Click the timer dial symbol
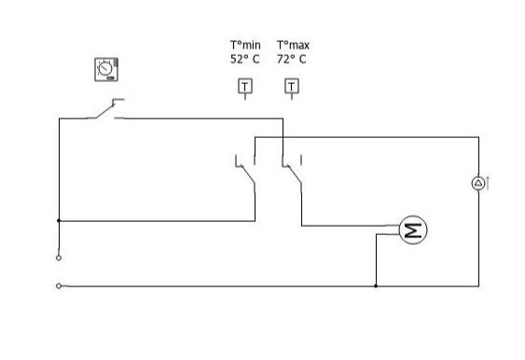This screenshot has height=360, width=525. pos(106,69)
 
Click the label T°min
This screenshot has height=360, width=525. pos(244,45)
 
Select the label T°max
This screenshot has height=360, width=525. pos(292,45)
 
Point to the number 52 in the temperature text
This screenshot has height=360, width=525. pos(237,59)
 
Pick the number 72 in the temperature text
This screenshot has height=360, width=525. pos(283,59)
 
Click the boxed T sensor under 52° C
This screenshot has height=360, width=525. pos(244,87)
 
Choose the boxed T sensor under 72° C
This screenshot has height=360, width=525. pos(292,87)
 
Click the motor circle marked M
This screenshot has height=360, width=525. pos(412,229)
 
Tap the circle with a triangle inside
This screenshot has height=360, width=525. pos(477,184)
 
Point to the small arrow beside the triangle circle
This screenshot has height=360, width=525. pos(488,183)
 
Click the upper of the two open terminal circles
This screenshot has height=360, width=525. pos(59,256)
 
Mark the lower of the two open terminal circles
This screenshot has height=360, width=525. pos(59,285)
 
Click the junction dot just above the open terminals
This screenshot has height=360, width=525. pos(59,221)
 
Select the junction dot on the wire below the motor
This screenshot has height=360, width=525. pos(376,285)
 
